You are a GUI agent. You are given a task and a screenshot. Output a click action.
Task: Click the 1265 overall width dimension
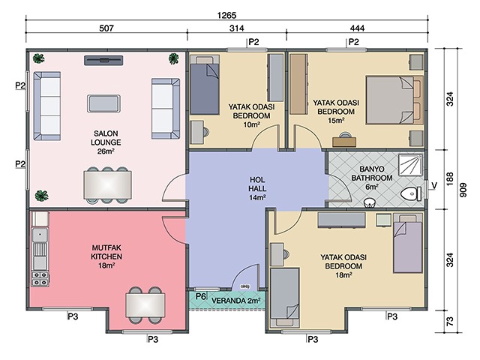click(x=226, y=15)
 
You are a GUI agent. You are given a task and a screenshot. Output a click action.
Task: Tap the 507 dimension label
click(x=106, y=28)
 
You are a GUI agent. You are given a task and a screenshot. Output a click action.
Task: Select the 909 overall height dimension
click(x=463, y=190)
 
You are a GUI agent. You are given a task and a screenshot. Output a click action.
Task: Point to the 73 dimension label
click(x=450, y=322)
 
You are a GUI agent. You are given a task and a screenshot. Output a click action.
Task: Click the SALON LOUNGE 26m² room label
click(x=106, y=142)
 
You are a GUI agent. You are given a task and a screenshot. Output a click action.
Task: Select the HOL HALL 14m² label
click(x=257, y=188)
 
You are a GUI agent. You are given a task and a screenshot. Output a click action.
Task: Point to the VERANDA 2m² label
click(x=235, y=301)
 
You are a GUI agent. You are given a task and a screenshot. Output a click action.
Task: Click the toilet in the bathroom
click(x=411, y=194)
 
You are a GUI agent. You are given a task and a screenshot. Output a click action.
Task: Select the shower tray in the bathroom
click(x=410, y=165)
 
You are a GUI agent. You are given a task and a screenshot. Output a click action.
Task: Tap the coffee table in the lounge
click(x=103, y=103)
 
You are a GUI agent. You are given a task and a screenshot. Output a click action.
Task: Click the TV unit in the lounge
click(x=103, y=60)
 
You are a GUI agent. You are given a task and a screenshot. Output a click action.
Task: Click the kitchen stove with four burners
click(x=40, y=278)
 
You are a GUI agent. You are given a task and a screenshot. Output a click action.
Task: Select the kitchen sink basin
click(x=40, y=235)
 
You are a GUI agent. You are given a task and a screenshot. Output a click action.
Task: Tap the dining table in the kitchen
click(x=145, y=305)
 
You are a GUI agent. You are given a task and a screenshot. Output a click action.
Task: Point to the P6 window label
click(x=200, y=296)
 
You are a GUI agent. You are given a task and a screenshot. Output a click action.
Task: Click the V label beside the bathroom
click(x=434, y=185)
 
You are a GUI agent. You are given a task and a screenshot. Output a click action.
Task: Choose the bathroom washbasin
click(x=370, y=202)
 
